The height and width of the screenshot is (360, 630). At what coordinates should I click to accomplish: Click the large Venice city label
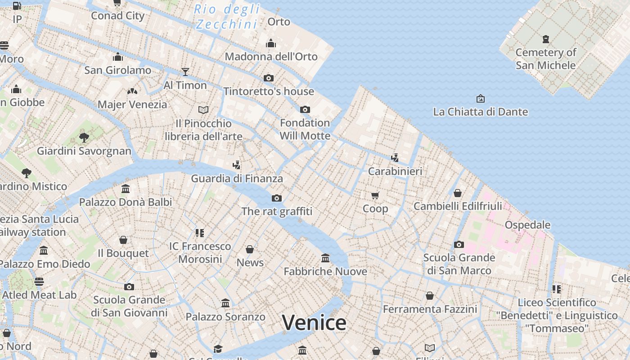click(314, 323)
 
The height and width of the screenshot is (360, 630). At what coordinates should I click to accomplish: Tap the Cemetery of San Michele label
click(545, 59)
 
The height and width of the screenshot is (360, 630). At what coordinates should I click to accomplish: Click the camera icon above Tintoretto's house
click(269, 78)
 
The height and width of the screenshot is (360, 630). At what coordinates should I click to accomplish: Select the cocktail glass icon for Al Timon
click(185, 72)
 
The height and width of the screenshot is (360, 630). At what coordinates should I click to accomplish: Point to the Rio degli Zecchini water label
click(227, 17)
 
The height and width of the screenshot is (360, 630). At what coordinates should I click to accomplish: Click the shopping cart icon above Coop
click(375, 195)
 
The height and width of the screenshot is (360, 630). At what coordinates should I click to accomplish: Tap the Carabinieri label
click(395, 171)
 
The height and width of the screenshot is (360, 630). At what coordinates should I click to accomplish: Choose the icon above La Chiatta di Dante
click(480, 99)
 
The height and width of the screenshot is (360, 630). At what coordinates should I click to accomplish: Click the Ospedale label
click(527, 225)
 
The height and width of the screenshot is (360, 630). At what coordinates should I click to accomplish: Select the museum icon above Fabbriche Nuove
click(325, 258)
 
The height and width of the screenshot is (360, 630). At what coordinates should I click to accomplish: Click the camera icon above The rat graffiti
click(277, 198)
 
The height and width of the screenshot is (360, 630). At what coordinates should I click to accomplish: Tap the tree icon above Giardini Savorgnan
click(84, 137)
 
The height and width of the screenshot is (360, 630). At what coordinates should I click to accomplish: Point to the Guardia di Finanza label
click(237, 178)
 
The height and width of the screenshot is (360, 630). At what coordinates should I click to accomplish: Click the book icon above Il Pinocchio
click(203, 110)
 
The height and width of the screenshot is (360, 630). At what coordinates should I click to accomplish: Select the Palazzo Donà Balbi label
click(126, 202)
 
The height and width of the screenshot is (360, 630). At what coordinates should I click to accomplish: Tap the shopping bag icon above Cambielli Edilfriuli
click(458, 193)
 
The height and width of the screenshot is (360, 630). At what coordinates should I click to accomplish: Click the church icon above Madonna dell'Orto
click(271, 43)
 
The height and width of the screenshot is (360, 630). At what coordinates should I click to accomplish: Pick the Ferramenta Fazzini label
click(430, 309)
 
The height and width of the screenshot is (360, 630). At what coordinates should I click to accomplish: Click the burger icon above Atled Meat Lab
click(39, 282)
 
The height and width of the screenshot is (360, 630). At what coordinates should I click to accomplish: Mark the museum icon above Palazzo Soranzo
click(225, 303)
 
